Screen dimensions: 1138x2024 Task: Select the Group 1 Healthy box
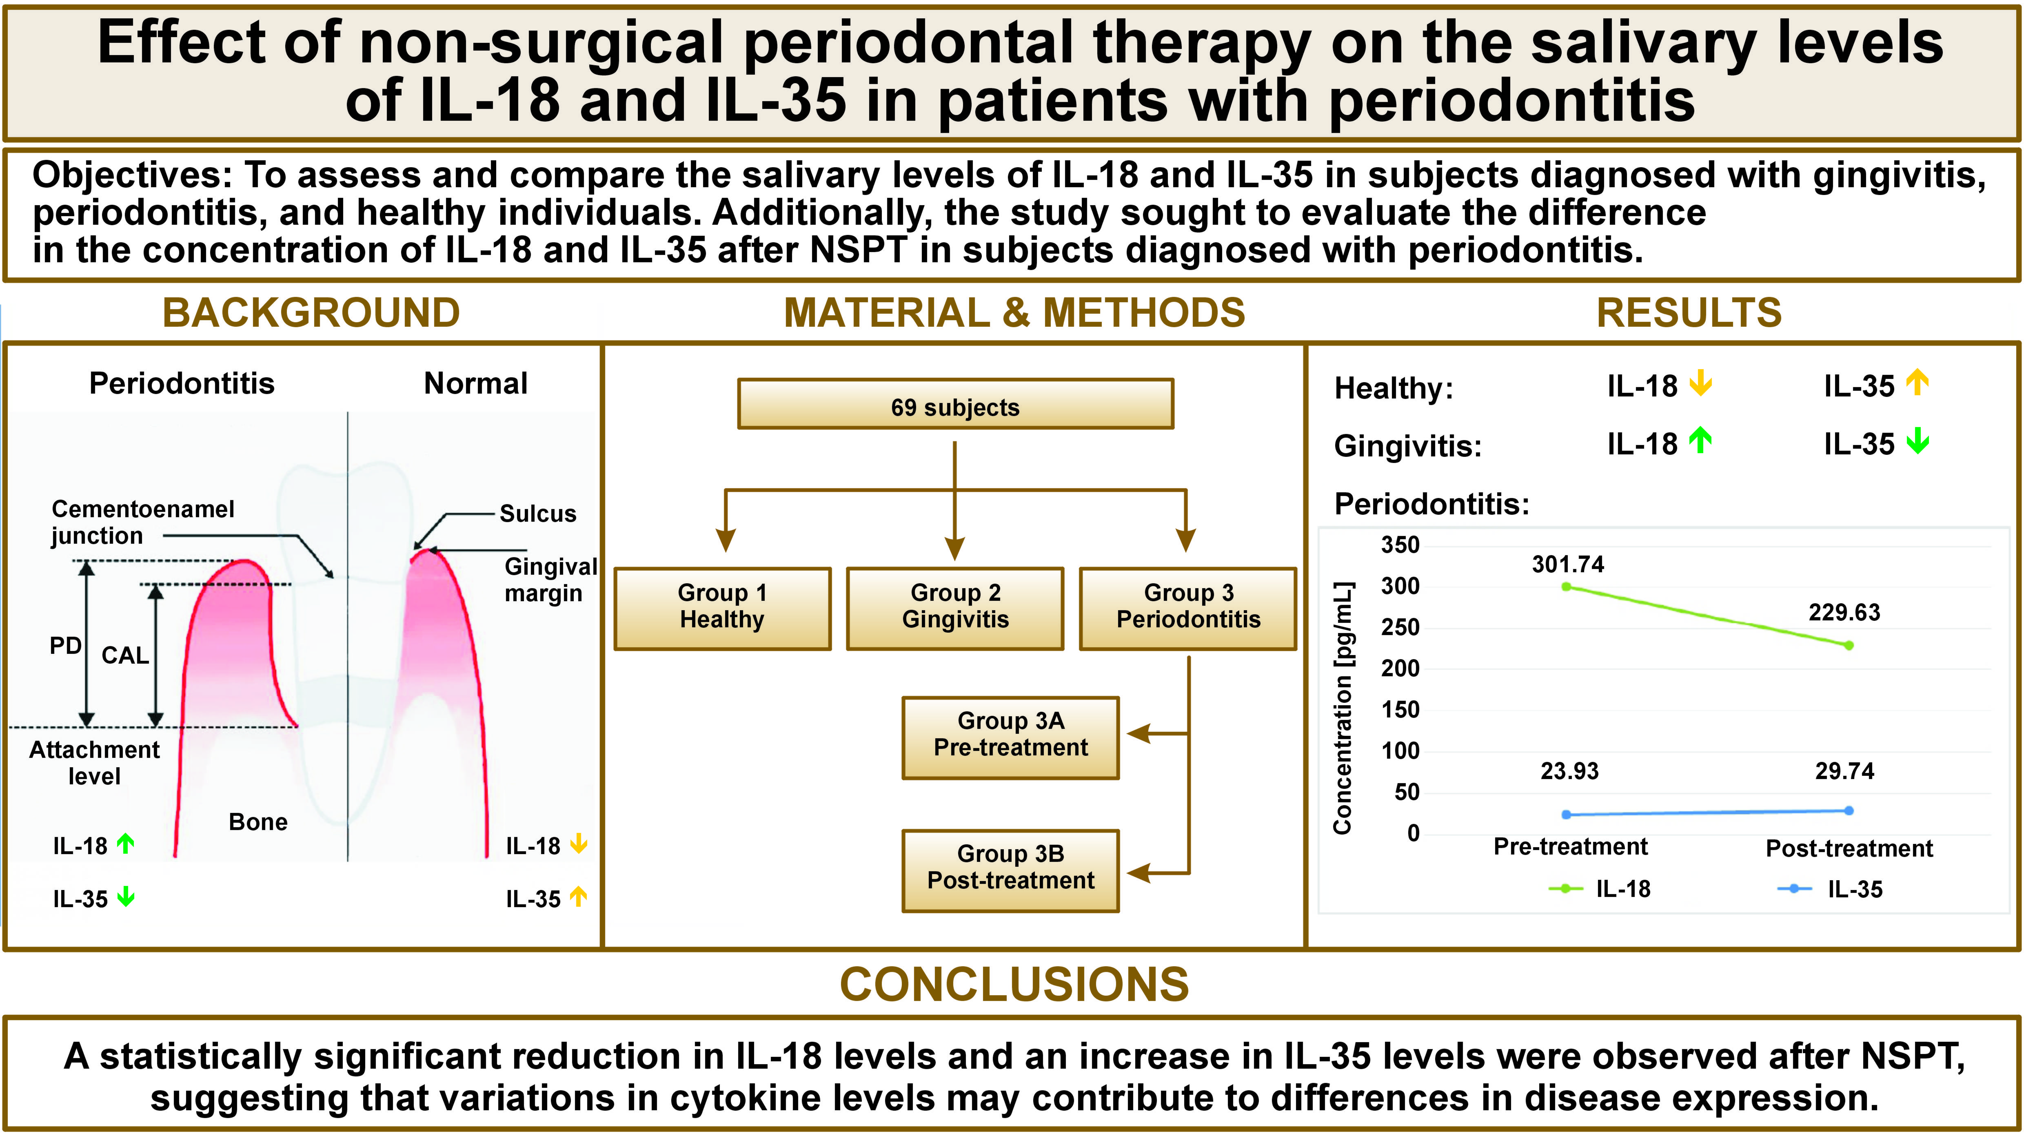point(722,607)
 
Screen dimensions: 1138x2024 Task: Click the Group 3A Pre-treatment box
point(1010,736)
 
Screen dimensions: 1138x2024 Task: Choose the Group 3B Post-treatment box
point(1010,869)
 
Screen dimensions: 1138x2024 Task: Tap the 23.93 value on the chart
point(1569,771)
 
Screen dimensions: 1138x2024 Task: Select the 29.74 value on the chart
point(1844,771)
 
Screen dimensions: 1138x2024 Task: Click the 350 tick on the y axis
point(1400,545)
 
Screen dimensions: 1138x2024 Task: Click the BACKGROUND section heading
point(311,312)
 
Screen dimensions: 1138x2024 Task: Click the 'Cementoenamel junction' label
point(142,522)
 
